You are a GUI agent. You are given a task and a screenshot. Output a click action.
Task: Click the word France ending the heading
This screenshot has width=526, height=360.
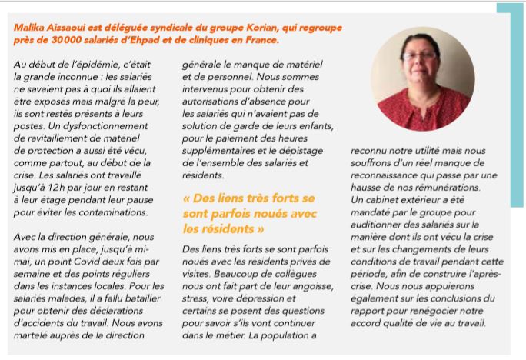click(259, 38)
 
